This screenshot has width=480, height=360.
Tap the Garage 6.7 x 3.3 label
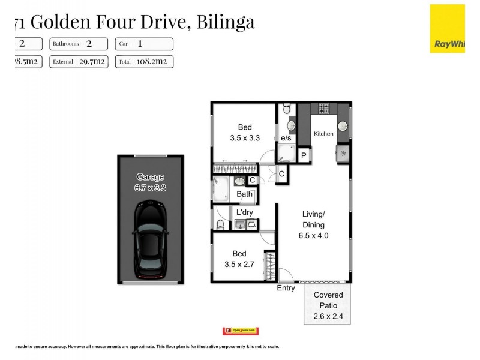tap(150, 182)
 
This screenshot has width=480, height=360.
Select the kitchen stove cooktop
tap(323, 109)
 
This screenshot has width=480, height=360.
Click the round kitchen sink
tap(343, 125)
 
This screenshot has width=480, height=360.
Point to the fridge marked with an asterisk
tap(343, 154)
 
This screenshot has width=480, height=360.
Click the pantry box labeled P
tap(304, 155)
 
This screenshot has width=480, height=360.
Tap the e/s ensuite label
tap(286, 139)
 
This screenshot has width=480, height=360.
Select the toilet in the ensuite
tap(286, 108)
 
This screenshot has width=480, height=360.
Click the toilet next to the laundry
tap(220, 224)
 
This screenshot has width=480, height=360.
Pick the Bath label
tap(244, 194)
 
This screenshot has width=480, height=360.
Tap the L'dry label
tap(245, 212)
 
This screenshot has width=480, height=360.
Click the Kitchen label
tap(323, 134)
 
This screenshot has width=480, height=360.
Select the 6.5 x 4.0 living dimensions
tap(313, 236)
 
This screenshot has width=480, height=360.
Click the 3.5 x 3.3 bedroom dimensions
tap(245, 137)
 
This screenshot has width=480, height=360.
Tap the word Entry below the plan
tap(286, 289)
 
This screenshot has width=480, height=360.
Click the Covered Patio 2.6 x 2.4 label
tap(328, 305)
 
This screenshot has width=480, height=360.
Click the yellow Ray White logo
tap(447, 28)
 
